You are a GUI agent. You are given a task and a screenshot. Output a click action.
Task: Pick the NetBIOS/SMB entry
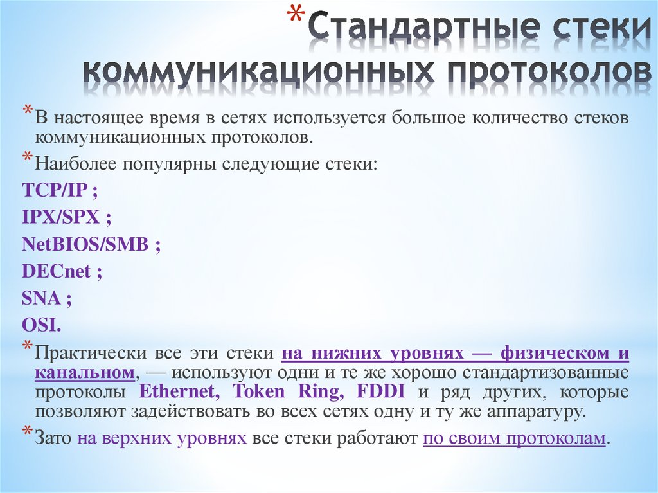[x=85, y=244]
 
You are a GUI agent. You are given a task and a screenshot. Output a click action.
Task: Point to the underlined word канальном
[x=84, y=373]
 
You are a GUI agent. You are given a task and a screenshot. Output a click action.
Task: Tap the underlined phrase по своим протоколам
[x=514, y=439]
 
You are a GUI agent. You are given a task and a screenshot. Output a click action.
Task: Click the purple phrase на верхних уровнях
[x=162, y=439]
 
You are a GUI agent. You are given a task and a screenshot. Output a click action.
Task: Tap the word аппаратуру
[x=529, y=411]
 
